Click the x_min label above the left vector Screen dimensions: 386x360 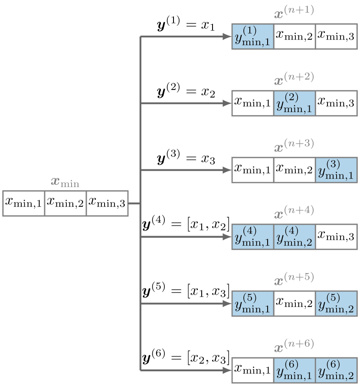65,182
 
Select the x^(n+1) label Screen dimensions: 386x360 294,12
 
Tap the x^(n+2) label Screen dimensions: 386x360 294,79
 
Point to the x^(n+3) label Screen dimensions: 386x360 294,146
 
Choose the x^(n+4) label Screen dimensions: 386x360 294,213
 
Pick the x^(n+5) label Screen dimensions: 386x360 294,280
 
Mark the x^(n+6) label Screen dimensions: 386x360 294,346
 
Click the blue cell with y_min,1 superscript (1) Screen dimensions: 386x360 252,37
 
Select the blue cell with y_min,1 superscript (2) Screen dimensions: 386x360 294,104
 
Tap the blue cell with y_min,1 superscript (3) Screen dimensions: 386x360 336,171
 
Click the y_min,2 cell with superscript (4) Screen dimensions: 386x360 294,237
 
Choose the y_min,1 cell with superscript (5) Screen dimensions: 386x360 252,304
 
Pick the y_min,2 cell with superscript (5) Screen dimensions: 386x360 336,304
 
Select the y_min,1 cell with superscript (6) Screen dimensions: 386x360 294,370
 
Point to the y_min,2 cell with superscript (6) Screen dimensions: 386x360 336,370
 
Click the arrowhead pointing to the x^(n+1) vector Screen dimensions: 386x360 226,37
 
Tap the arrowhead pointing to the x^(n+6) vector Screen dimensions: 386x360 226,370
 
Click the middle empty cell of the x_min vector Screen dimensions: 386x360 65,203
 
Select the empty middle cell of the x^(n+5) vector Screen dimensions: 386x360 294,304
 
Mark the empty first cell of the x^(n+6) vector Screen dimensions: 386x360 252,370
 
